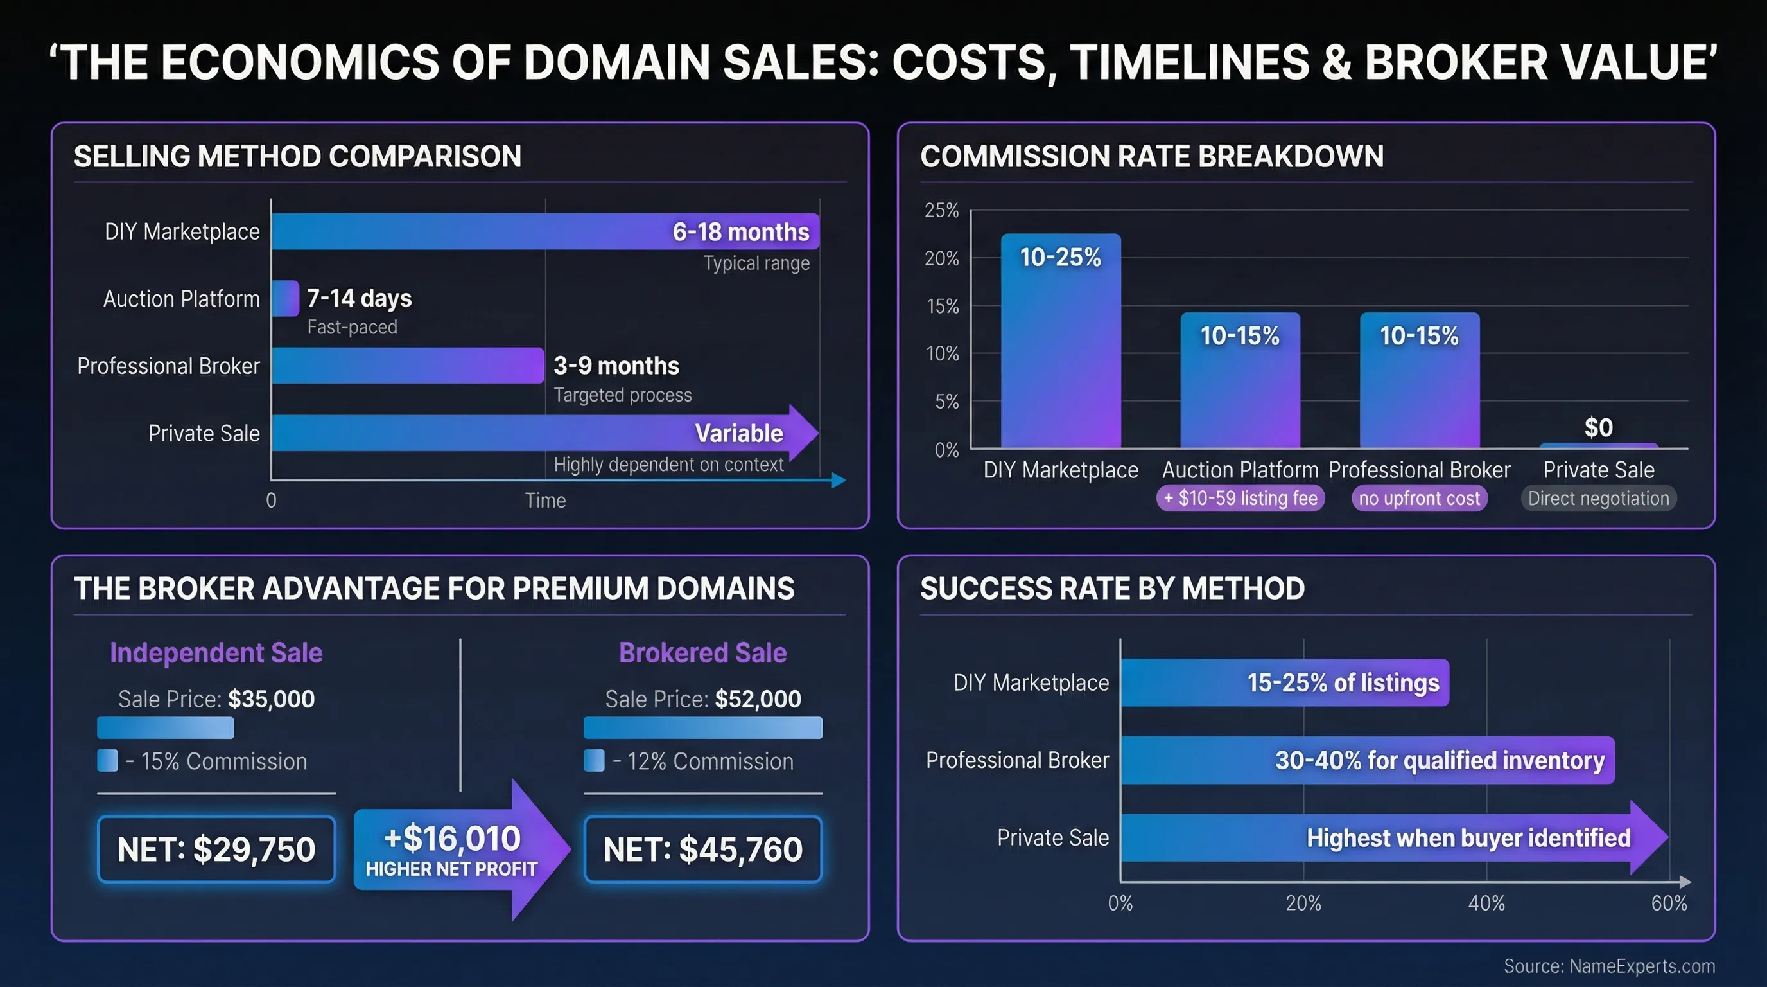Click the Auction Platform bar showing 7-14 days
pos(285,299)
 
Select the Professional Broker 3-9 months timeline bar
pos(408,366)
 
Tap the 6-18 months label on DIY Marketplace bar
pos(740,232)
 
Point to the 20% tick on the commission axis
pos(942,259)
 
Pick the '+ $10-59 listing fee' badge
pos(1240,498)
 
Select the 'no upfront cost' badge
pos(1419,498)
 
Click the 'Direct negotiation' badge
pos(1598,498)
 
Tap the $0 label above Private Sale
pos(1598,427)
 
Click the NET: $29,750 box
pos(216,849)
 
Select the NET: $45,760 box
pos(702,849)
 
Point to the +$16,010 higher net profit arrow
pos(460,849)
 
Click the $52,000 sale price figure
pos(757,698)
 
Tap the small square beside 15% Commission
pos(108,761)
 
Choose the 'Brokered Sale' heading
pos(702,653)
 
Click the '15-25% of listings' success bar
pos(1284,683)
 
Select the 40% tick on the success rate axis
pos(1486,903)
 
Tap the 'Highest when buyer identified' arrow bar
pos(1393,838)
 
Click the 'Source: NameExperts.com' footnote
pos(1608,966)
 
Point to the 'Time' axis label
pos(545,501)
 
